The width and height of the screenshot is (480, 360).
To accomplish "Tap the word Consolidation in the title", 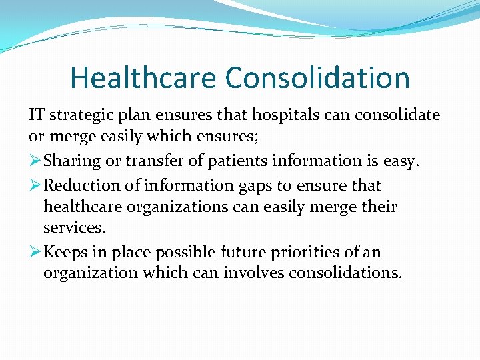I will (x=317, y=77).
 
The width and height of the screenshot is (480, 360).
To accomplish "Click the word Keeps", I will (x=67, y=253).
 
